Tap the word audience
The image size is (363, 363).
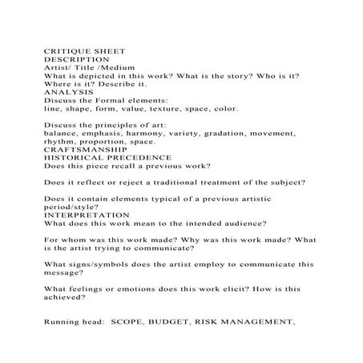[x=241, y=224]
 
